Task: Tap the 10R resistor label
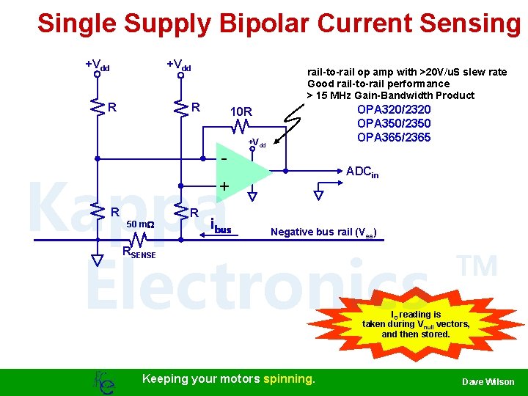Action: point(241,112)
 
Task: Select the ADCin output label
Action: point(362,172)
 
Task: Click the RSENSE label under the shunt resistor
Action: point(139,253)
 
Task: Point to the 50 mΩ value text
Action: point(139,224)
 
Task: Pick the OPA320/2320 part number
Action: point(393,109)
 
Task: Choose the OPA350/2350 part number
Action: point(393,123)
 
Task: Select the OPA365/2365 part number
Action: point(393,137)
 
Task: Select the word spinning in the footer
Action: point(289,379)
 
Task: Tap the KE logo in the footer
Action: point(103,381)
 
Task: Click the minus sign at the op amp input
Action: point(224,158)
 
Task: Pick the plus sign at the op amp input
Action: point(224,186)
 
